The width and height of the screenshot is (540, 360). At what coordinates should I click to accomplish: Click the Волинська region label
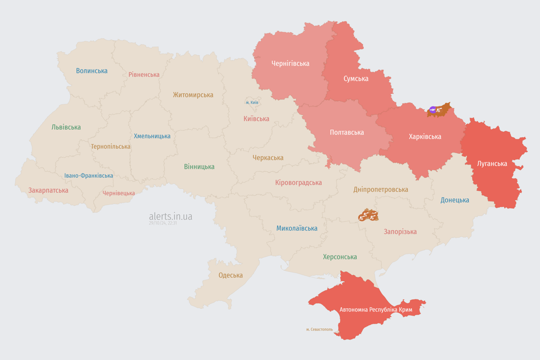(92, 71)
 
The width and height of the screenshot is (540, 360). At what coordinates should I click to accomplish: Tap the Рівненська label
(144, 75)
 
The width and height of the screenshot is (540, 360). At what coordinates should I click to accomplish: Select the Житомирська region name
(193, 95)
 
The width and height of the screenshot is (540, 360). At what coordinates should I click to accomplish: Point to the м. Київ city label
(252, 102)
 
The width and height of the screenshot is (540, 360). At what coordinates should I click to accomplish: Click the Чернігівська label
(290, 63)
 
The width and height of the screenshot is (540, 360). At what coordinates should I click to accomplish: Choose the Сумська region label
(356, 78)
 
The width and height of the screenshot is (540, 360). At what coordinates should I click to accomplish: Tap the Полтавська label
(347, 132)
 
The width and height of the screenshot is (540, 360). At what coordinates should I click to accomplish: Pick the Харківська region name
(425, 136)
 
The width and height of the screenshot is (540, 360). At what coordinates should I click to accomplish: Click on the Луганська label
(492, 164)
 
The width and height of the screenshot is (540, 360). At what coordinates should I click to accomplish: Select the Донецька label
(455, 200)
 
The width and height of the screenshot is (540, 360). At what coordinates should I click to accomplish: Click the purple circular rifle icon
(433, 110)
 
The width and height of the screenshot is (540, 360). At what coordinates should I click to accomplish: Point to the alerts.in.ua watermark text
(170, 217)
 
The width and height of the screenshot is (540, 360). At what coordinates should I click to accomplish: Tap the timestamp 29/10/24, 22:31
(163, 223)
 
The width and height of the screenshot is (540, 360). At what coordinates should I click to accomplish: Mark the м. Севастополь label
(319, 330)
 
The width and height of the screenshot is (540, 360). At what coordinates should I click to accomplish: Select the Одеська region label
(231, 275)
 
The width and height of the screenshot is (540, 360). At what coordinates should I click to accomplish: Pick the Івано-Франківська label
(89, 176)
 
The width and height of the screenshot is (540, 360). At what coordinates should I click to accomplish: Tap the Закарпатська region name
(48, 190)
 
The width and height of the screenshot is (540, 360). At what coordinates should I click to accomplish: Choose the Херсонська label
(340, 257)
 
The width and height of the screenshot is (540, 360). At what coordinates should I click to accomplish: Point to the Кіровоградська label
(299, 182)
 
